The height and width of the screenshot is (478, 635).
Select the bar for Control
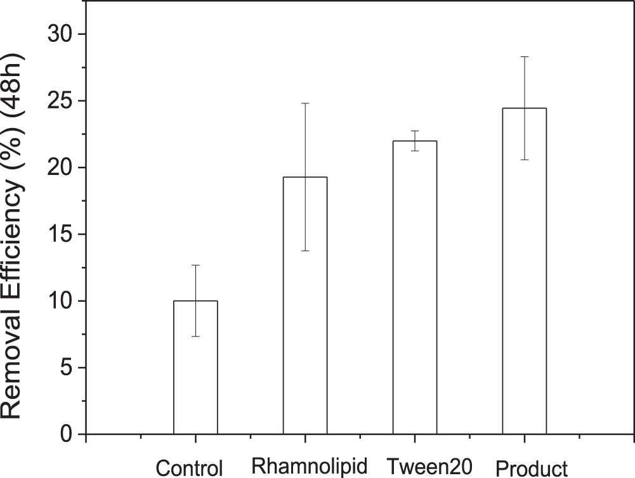pos(195,368)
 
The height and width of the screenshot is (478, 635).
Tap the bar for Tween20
pos(415,288)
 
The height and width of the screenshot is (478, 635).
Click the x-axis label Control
pos(190,468)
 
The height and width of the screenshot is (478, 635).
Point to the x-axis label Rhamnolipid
pos(310,467)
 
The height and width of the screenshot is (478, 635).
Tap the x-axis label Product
pos(532,468)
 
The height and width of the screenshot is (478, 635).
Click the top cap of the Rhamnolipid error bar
pos(305,103)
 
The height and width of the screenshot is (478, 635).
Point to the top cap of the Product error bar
pos(525,56)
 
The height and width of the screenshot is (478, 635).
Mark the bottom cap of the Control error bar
pos(195,336)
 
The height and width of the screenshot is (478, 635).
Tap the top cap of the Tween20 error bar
pos(415,131)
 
